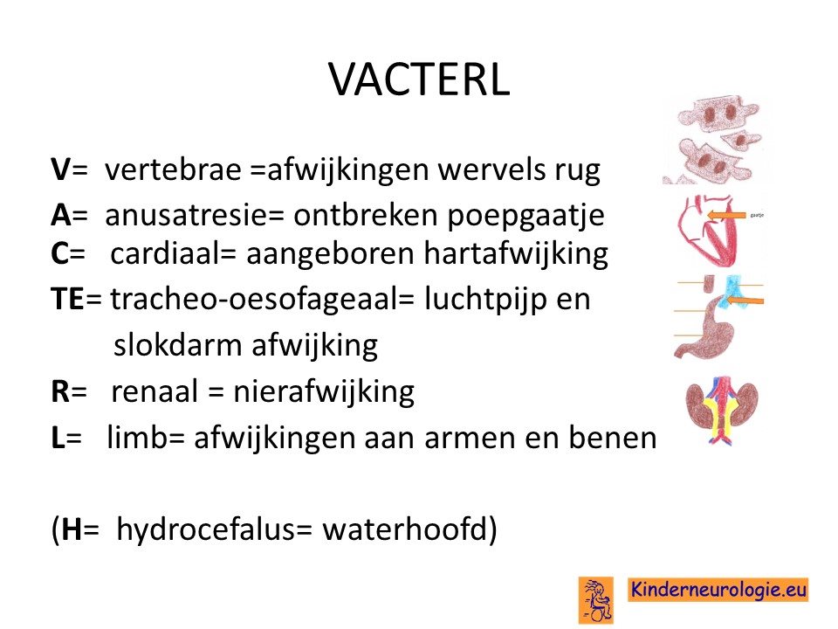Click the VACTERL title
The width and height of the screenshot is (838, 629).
tap(420, 79)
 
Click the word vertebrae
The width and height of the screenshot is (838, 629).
tap(173, 169)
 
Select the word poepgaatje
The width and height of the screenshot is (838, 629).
tap(525, 216)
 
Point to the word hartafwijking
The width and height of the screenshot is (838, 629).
tap(516, 253)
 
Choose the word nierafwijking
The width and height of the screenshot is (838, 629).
tap(323, 391)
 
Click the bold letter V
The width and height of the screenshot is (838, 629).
tap(61, 170)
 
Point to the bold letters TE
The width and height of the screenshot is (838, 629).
tap(67, 299)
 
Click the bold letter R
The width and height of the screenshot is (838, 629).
tap(60, 391)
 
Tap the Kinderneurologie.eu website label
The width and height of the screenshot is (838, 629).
tap(718, 590)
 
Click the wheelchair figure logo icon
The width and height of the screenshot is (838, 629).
tap(596, 599)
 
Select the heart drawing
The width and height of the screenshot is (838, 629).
tap(708, 231)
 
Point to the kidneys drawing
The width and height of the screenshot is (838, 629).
tap(722, 411)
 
